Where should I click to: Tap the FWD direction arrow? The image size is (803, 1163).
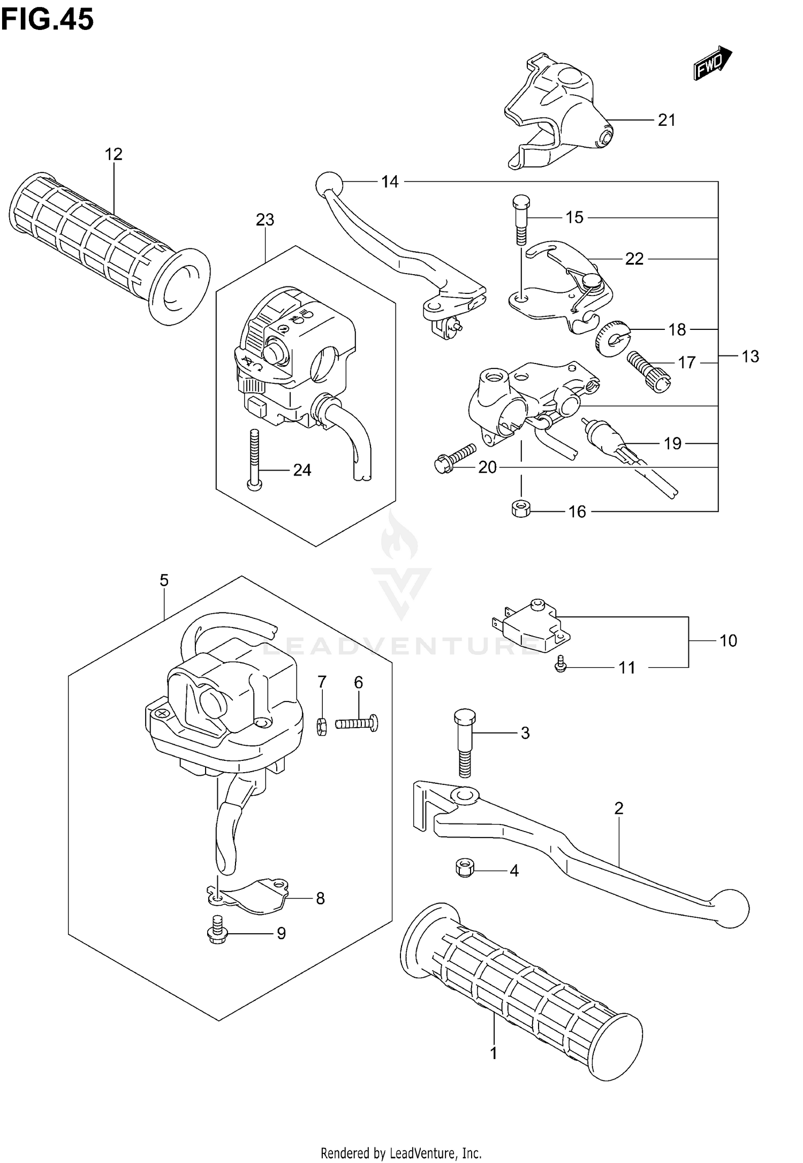tap(713, 63)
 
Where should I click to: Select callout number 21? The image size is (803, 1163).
tap(666, 120)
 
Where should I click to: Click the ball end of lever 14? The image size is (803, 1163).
tap(329, 184)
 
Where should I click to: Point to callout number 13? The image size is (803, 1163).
tap(751, 357)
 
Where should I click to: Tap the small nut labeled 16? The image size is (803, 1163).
tap(520, 508)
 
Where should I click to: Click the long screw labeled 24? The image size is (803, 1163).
tap(254, 460)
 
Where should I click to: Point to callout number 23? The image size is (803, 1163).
tap(265, 220)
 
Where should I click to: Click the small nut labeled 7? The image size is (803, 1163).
tap(322, 727)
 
